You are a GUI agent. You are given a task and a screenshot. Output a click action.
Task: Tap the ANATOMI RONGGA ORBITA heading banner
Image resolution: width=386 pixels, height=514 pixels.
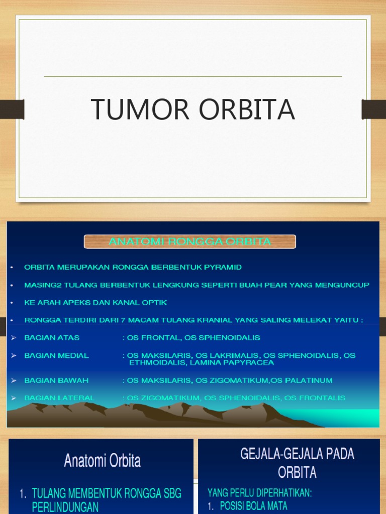[x=189, y=241]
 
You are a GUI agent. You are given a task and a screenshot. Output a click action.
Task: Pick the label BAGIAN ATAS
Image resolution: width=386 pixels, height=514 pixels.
[x=52, y=337]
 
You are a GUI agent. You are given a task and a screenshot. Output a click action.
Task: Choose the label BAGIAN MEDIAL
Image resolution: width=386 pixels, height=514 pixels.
[x=56, y=355]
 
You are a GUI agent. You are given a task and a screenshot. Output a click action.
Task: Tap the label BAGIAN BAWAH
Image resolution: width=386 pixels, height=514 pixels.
[x=56, y=380]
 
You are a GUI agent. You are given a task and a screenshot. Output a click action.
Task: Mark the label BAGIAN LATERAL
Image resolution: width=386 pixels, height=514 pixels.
[x=59, y=398]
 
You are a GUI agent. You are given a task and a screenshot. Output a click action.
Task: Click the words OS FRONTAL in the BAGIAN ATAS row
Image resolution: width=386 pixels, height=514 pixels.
[x=151, y=337]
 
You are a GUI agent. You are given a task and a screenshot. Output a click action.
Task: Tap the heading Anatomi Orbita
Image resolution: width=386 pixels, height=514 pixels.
[x=102, y=461]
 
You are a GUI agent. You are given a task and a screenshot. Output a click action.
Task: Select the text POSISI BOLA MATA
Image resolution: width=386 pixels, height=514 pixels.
[x=253, y=506]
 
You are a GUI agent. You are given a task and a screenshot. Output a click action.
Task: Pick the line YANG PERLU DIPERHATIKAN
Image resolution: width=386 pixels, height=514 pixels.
[x=260, y=493]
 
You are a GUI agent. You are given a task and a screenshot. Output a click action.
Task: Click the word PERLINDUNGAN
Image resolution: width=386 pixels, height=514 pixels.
[x=65, y=507]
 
